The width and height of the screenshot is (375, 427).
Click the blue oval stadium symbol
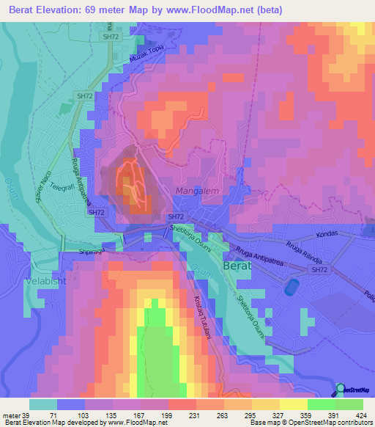click(x=292, y=285)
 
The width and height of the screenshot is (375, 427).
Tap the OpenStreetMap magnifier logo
click(x=341, y=390)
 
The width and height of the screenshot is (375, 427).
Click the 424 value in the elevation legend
click(x=360, y=415)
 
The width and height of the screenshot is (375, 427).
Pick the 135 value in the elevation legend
click(x=97, y=415)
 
